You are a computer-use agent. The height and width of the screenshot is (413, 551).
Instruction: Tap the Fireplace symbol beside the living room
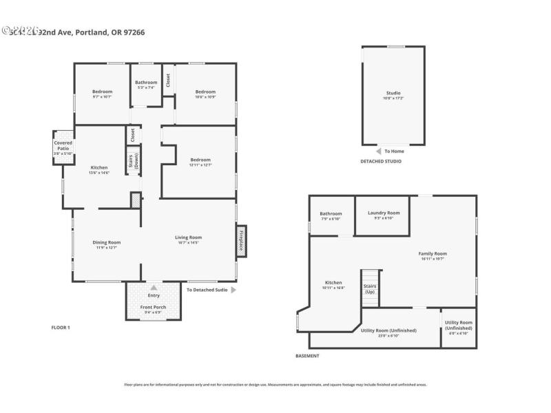242,241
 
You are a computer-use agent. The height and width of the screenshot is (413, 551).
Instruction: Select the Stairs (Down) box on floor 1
134,160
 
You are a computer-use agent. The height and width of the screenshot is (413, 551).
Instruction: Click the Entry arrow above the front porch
154,288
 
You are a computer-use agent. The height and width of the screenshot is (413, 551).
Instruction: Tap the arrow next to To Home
378,151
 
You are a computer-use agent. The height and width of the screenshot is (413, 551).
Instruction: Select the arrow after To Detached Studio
233,290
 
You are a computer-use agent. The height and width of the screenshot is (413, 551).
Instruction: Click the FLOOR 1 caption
61,327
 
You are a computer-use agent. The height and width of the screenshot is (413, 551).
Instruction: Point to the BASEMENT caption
307,356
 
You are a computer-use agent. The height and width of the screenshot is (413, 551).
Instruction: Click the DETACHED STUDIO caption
381,161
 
